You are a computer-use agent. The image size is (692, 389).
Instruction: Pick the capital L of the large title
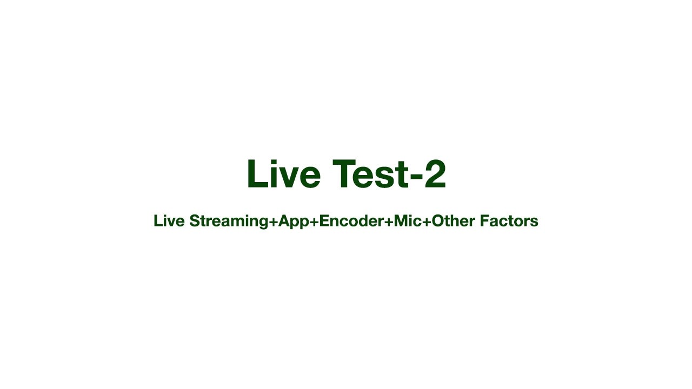click(255, 175)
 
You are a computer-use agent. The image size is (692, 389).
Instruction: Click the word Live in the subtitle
click(169, 221)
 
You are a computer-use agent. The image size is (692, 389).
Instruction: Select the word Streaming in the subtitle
click(229, 221)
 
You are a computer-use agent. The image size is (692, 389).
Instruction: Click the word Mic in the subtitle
click(407, 221)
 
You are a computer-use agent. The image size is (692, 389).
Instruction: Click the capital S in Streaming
click(195, 221)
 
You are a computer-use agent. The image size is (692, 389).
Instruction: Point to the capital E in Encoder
click(324, 221)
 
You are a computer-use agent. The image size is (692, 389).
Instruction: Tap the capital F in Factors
click(480, 221)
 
